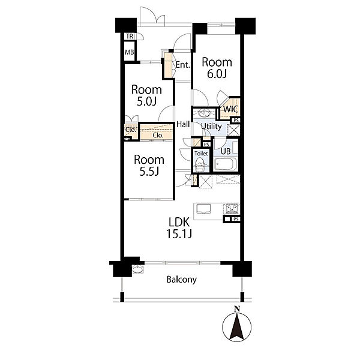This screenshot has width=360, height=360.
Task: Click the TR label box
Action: coord(130,36)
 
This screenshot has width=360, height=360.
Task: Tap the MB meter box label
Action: coord(129,52)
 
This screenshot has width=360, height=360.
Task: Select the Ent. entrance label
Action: coord(183,65)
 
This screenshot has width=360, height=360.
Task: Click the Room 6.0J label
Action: coord(217,68)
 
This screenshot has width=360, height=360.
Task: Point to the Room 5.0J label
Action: coord(146,95)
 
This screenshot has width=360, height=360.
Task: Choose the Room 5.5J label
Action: coord(149,166)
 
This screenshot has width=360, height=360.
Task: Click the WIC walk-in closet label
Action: coord(230,109)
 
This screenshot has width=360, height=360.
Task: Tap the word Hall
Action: coord(183,125)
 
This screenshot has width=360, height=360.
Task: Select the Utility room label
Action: coord(211,126)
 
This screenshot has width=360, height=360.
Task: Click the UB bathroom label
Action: coord(226,151)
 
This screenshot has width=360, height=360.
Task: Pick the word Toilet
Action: coord(201,154)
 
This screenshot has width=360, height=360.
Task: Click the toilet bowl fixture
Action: coord(200,165)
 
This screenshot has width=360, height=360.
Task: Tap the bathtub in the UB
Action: coord(225,164)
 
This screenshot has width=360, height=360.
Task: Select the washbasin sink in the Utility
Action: coord(204,113)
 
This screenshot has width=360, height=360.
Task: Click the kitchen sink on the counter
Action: coord(203,209)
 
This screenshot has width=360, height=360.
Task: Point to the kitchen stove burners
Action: coord(232,209)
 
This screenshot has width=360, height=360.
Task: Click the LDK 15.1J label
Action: coord(179,228)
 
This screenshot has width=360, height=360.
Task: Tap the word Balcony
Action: coord(182,280)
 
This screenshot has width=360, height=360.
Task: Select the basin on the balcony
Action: coord(138,269)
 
